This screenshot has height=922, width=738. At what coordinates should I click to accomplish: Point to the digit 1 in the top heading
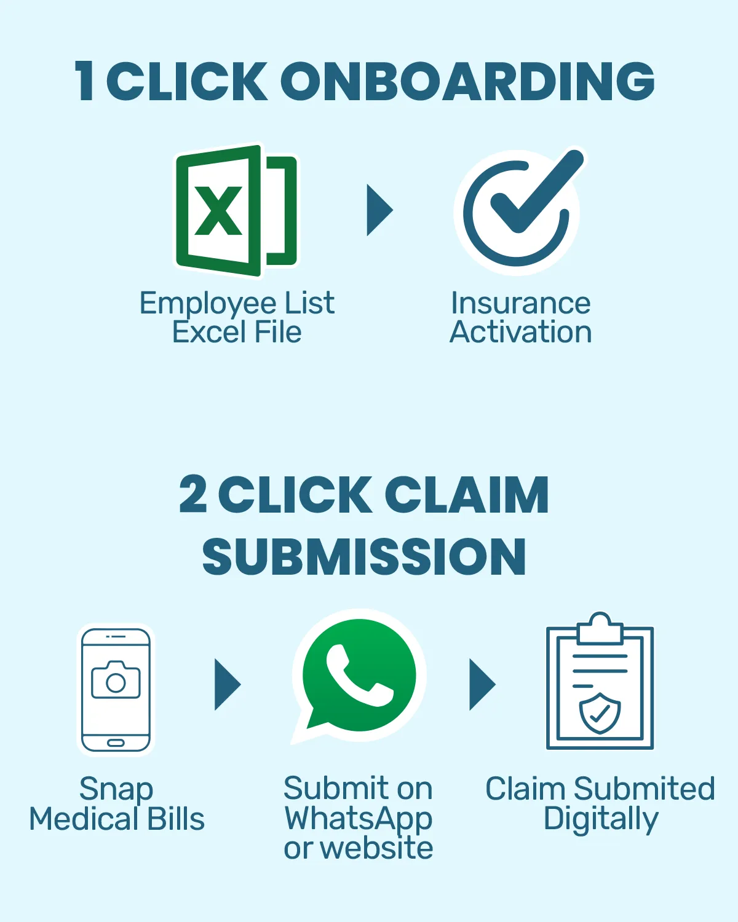pyautogui.click(x=85, y=81)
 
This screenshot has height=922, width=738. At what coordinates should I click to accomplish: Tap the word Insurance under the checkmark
pyautogui.click(x=520, y=303)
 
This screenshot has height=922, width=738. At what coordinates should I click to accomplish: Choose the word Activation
pyautogui.click(x=520, y=332)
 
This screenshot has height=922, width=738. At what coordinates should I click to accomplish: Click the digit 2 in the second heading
pyautogui.click(x=193, y=495)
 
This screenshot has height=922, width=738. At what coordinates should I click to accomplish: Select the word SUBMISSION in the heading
pyautogui.click(x=364, y=557)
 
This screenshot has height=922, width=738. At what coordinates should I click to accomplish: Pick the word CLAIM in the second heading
pyautogui.click(x=467, y=495)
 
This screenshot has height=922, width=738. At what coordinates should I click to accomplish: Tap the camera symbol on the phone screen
pyautogui.click(x=116, y=680)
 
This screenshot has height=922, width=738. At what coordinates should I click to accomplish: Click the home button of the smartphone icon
pyautogui.click(x=116, y=743)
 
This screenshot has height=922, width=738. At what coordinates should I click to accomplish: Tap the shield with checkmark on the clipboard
pyautogui.click(x=600, y=713)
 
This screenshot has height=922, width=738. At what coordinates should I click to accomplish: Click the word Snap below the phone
pyautogui.click(x=116, y=789)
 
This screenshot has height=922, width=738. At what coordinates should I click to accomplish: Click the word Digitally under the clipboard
pyautogui.click(x=601, y=819)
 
